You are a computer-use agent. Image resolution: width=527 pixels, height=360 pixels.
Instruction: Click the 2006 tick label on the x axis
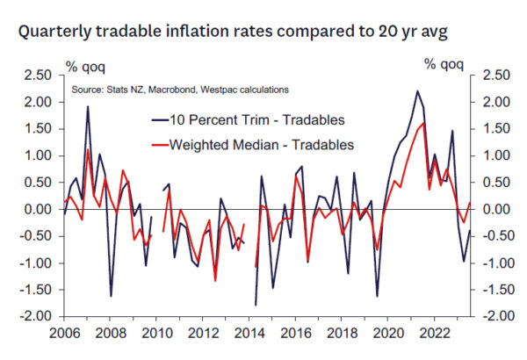tap(66, 335)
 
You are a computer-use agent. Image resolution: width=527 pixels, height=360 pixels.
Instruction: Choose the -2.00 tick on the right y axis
tap(490, 316)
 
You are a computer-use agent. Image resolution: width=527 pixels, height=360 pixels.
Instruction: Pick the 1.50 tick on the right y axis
tap(489, 129)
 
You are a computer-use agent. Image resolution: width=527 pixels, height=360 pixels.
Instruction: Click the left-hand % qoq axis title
tap(85, 64)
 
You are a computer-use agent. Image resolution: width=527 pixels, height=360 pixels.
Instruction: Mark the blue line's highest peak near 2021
tap(417, 91)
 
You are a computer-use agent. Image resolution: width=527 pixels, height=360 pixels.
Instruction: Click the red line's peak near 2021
tap(424, 124)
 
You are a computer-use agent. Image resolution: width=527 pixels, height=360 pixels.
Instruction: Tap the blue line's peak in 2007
tap(88, 107)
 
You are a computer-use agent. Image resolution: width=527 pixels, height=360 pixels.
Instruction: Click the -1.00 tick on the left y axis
tap(37, 263)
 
